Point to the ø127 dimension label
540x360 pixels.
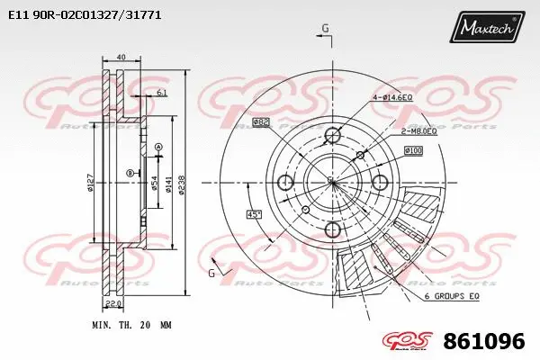[91, 184]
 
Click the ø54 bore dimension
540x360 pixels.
[155, 184]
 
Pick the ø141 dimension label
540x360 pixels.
[167, 184]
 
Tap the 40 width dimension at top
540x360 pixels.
[121, 58]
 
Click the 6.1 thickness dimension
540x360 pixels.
[162, 93]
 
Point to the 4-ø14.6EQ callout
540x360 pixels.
[392, 96]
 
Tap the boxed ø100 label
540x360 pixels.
[413, 149]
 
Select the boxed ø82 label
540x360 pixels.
[262, 121]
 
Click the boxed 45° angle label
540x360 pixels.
[255, 213]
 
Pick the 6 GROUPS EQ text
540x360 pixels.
[452, 296]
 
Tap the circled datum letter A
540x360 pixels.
[158, 147]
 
